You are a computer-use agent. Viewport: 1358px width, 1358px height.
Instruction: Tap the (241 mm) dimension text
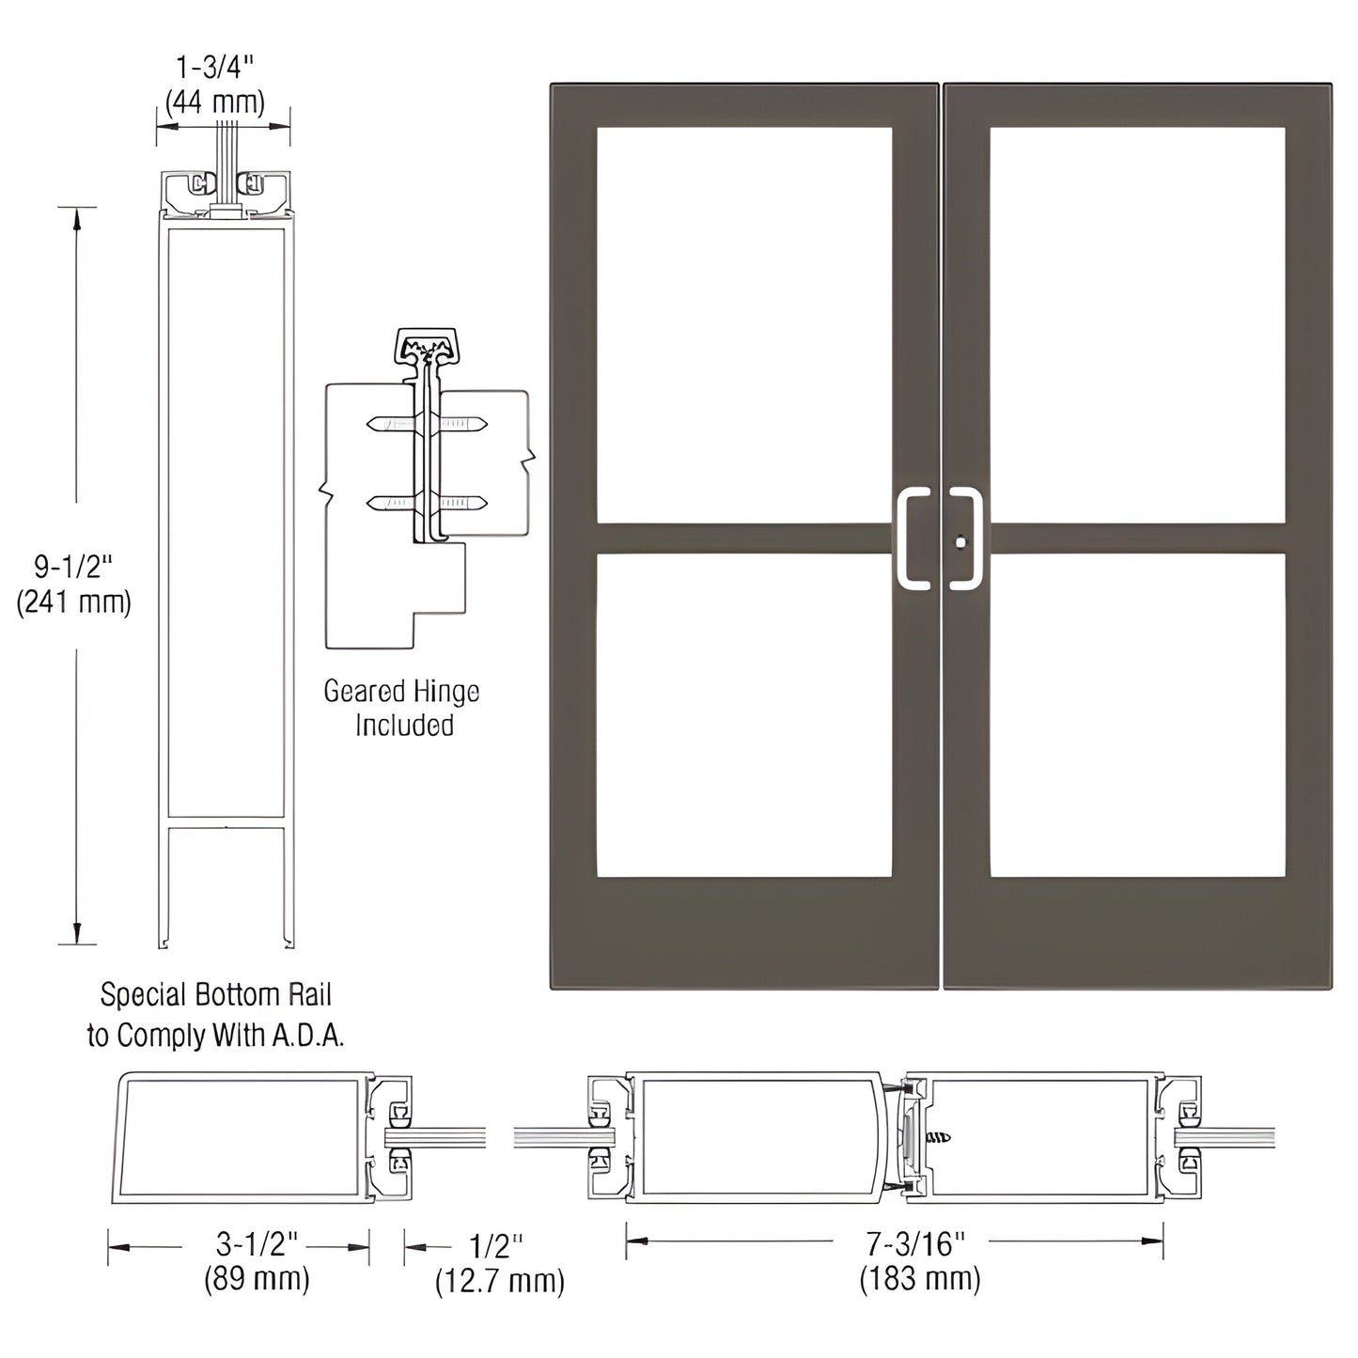coord(74,601)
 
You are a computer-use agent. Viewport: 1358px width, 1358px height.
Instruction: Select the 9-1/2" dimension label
coord(74,567)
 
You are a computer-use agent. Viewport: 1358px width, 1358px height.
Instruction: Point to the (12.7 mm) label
coord(499,1280)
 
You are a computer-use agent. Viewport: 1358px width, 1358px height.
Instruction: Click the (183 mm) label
coord(919,1278)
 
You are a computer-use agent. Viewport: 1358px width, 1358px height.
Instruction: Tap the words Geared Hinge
coord(401,692)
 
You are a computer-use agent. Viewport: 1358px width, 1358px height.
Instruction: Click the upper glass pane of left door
coord(743,324)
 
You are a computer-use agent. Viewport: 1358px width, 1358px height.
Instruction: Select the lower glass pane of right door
coord(1136,715)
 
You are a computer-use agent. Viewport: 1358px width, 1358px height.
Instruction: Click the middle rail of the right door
coord(1136,539)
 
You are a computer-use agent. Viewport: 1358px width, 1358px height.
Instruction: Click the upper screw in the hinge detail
coord(428,425)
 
